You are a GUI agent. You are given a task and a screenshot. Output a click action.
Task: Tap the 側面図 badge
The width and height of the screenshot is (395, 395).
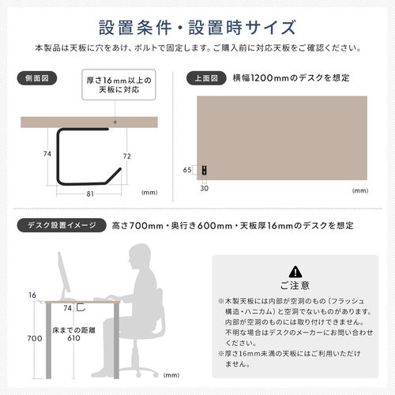coord(36,79)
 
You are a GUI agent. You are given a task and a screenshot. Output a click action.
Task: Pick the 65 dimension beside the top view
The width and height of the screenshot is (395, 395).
coord(187,170)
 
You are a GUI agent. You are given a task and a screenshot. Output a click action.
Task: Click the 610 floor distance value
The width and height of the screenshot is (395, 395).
coord(73,338)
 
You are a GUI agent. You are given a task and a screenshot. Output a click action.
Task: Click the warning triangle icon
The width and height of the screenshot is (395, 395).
coord(295,270)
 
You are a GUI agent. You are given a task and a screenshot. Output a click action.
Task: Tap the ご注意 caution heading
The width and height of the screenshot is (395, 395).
coord(295,285)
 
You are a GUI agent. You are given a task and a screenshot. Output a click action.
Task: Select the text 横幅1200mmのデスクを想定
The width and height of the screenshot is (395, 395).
coord(291,79)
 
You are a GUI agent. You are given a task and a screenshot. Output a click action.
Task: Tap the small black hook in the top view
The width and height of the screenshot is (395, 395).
coord(205,170)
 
